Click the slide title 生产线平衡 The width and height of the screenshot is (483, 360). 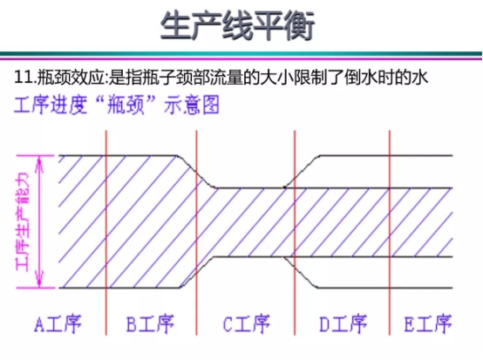tap(237, 25)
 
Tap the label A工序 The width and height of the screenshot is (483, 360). tap(58, 323)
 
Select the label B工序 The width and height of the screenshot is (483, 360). tap(150, 323)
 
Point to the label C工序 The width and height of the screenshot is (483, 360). tap(246, 323)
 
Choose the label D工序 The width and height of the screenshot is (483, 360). tap(343, 323)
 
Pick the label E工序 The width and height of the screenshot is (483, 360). tap(428, 323)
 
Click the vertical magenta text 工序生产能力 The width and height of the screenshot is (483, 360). tap(22, 221)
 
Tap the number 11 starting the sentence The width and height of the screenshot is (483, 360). tap(24, 78)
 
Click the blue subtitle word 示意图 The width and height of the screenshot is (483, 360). tap(192, 105)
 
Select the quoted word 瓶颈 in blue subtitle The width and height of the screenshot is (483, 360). tap(125, 105)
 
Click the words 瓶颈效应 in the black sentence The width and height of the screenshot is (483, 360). tap(71, 78)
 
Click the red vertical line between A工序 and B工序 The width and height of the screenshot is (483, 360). tap(106, 233)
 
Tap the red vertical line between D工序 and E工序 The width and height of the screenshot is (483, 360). tap(390, 233)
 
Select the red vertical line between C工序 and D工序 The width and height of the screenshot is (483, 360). tap(295, 233)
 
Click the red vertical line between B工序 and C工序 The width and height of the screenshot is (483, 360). tap(196, 233)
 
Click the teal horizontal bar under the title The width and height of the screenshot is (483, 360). tap(241, 53)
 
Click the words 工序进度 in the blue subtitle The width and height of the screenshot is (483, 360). tap(51, 105)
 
